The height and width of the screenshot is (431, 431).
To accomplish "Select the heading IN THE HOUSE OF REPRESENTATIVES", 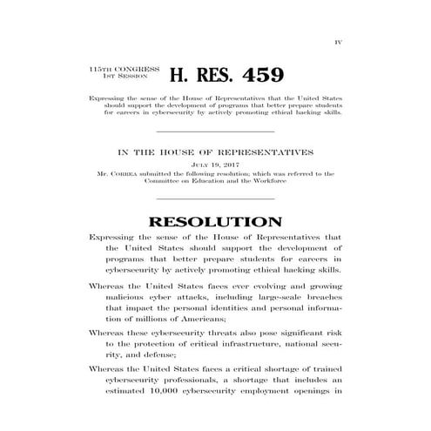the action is (x=215, y=151).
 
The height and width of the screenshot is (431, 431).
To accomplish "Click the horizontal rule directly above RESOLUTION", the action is (x=215, y=199).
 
